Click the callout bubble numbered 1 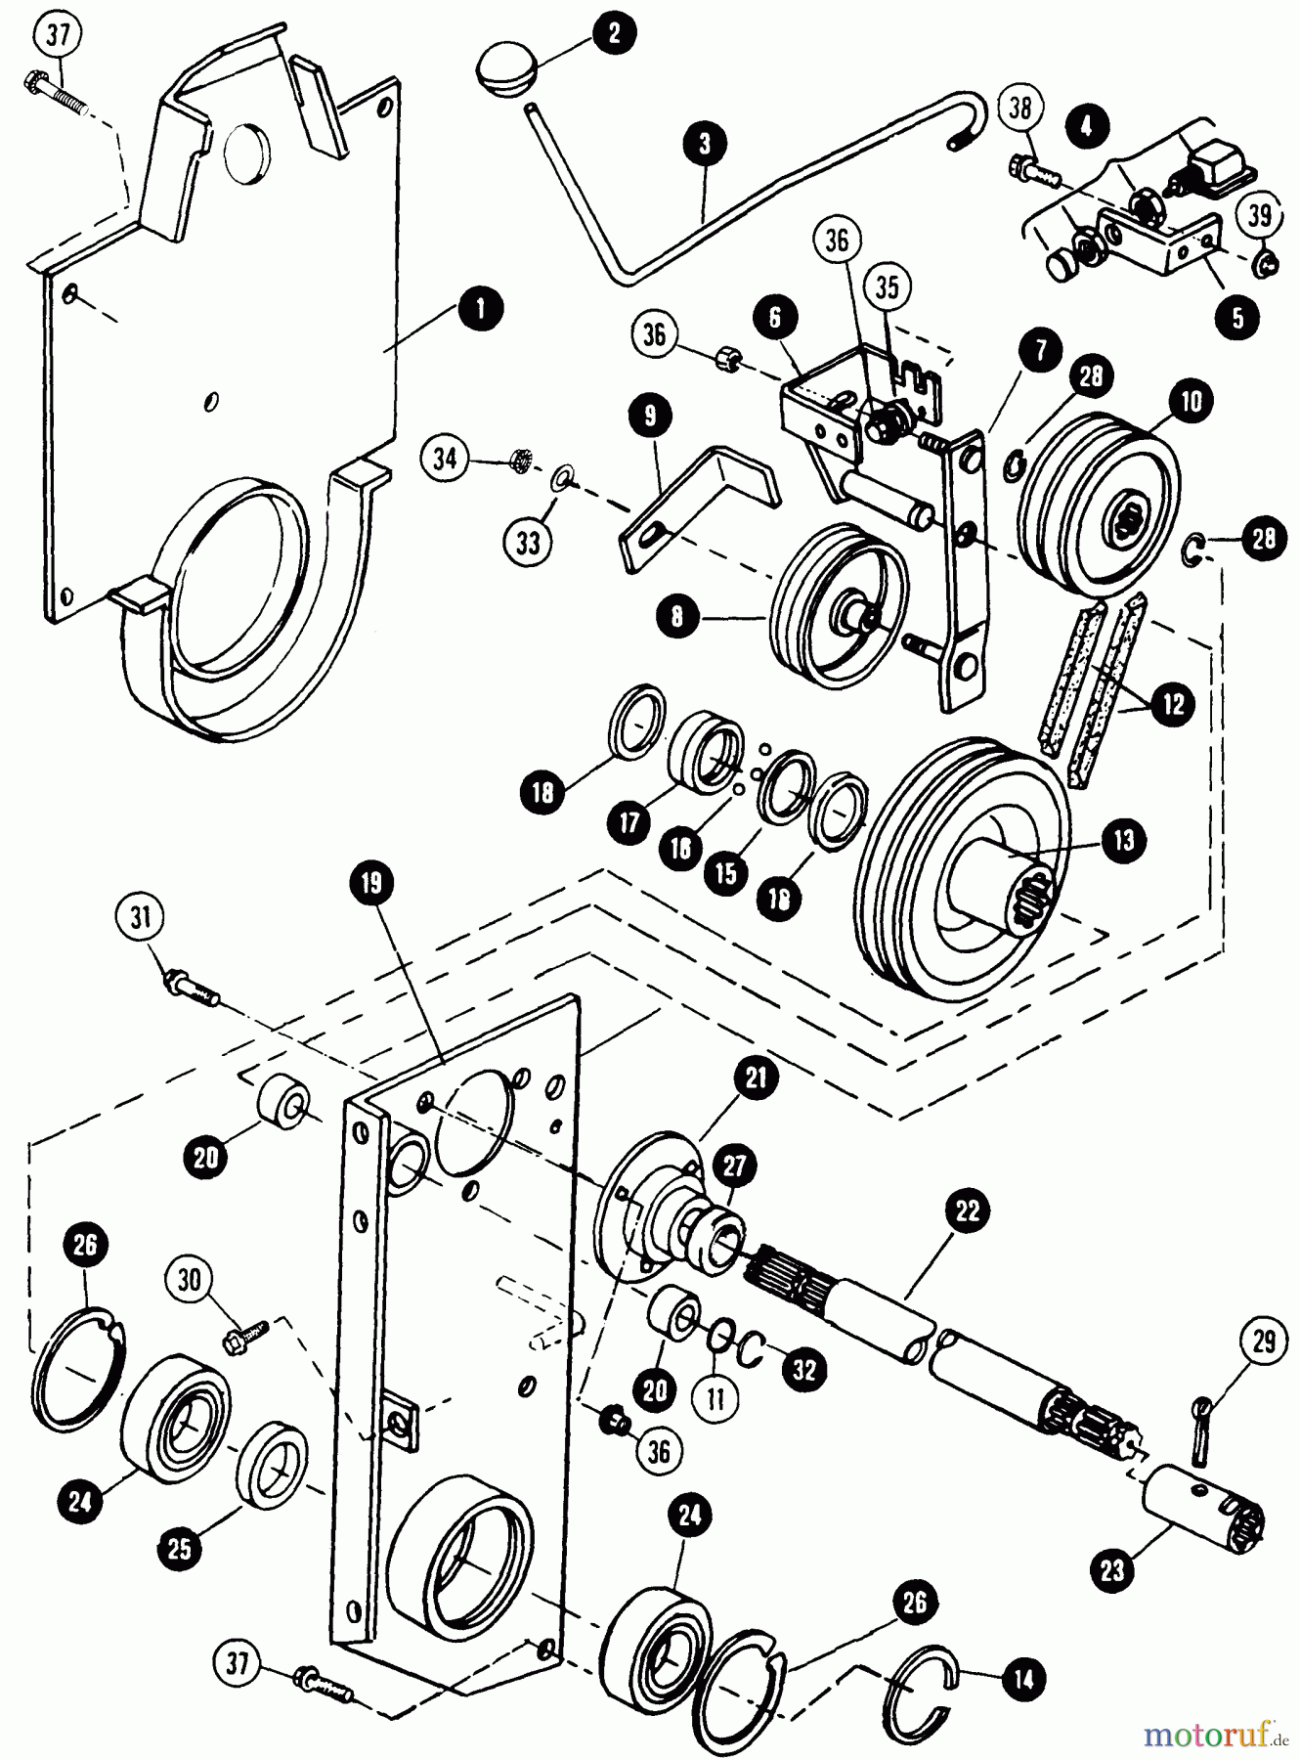[x=479, y=308]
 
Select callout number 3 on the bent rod [x=706, y=143]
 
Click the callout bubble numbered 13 [x=1124, y=840]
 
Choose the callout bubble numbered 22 [x=967, y=1211]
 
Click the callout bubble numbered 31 [x=142, y=918]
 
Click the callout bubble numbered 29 [x=1264, y=1342]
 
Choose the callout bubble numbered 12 [x=1173, y=703]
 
